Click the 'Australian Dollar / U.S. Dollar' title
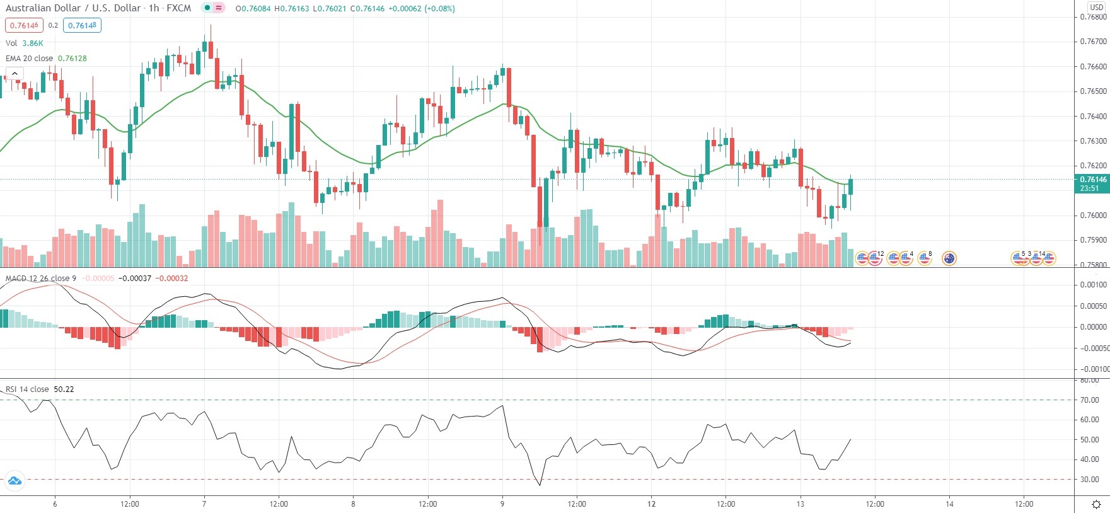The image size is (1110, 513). click(73, 8)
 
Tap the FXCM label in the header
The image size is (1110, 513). click(178, 8)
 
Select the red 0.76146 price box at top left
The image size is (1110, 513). click(24, 25)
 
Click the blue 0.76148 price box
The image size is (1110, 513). click(82, 25)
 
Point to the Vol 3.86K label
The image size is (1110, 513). click(25, 43)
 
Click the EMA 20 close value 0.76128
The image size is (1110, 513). click(72, 58)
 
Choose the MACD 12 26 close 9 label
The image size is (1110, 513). click(41, 278)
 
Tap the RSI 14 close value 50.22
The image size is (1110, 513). click(64, 389)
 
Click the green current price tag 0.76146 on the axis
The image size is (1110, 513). click(1091, 183)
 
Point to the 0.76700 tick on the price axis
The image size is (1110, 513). click(1093, 42)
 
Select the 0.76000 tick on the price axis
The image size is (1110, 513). click(1093, 216)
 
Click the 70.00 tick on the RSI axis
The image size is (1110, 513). click(1089, 400)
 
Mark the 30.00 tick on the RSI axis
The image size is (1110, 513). click(1089, 479)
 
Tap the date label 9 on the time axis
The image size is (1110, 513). click(502, 504)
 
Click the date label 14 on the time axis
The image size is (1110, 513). click(949, 504)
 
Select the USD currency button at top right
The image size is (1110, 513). click(1097, 7)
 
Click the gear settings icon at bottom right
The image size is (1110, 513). click(1096, 504)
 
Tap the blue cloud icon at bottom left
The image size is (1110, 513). click(14, 481)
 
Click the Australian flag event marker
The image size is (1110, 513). click(949, 258)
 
